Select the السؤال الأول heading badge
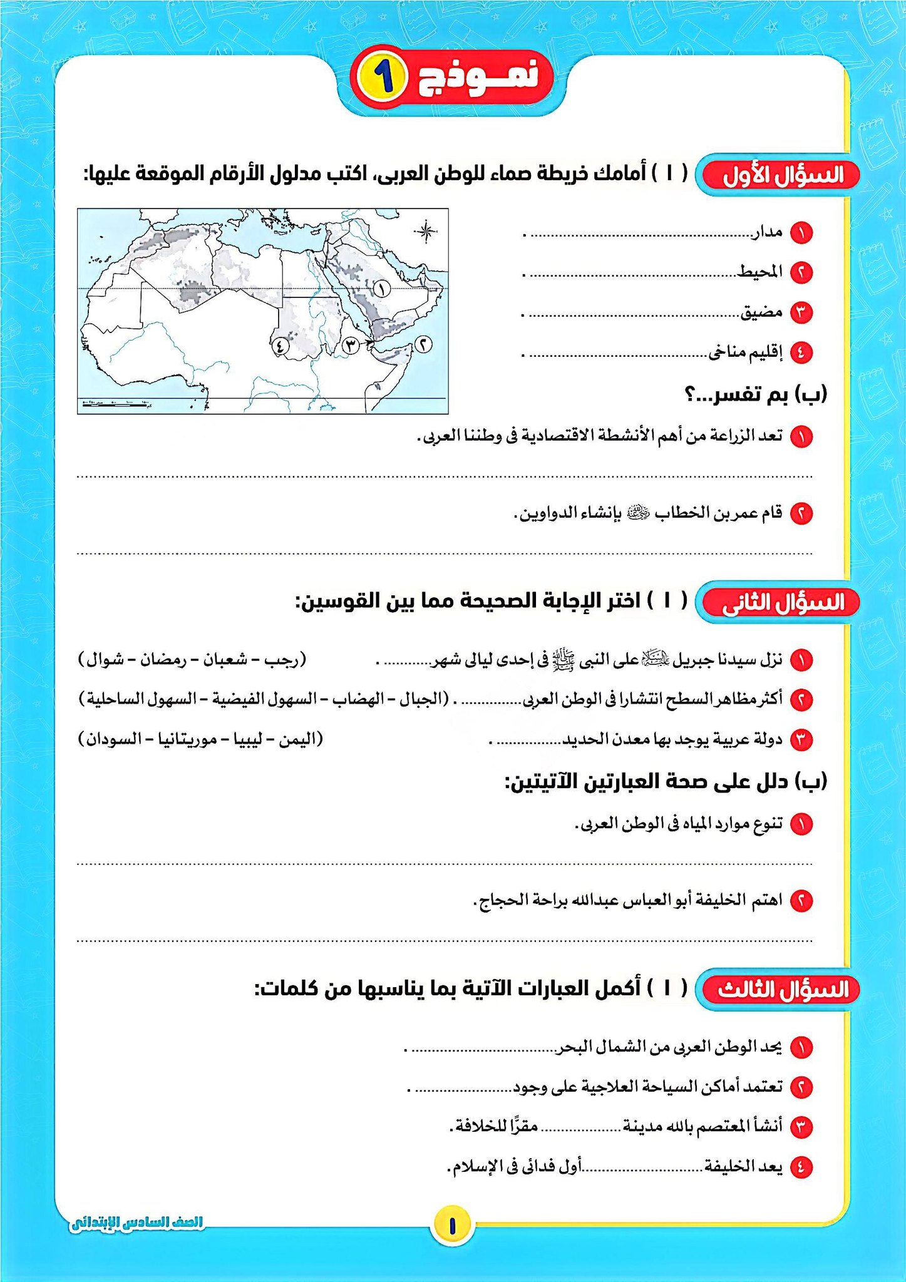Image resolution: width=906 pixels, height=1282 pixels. (x=782, y=176)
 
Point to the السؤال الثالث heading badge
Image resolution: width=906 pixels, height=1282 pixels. (x=782, y=990)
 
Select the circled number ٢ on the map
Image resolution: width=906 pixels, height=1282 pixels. (x=424, y=343)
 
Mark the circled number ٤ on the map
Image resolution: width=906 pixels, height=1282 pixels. (x=279, y=344)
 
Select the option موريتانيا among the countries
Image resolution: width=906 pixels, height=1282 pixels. (x=188, y=739)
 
